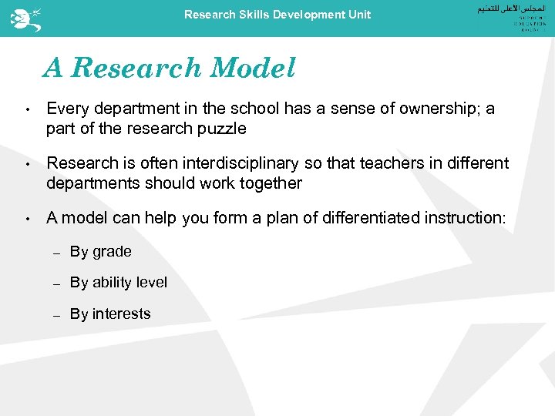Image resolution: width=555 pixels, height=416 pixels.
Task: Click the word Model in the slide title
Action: pos(252,69)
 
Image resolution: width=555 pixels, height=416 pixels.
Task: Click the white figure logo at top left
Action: pos(21,17)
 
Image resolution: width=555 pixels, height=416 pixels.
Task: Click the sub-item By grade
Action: pos(100,252)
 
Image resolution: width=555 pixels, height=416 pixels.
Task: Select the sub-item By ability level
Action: pos(118,283)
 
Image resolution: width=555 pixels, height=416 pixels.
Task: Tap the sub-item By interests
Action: pos(110,314)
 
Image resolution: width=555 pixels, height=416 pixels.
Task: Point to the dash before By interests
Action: pos(56,315)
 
